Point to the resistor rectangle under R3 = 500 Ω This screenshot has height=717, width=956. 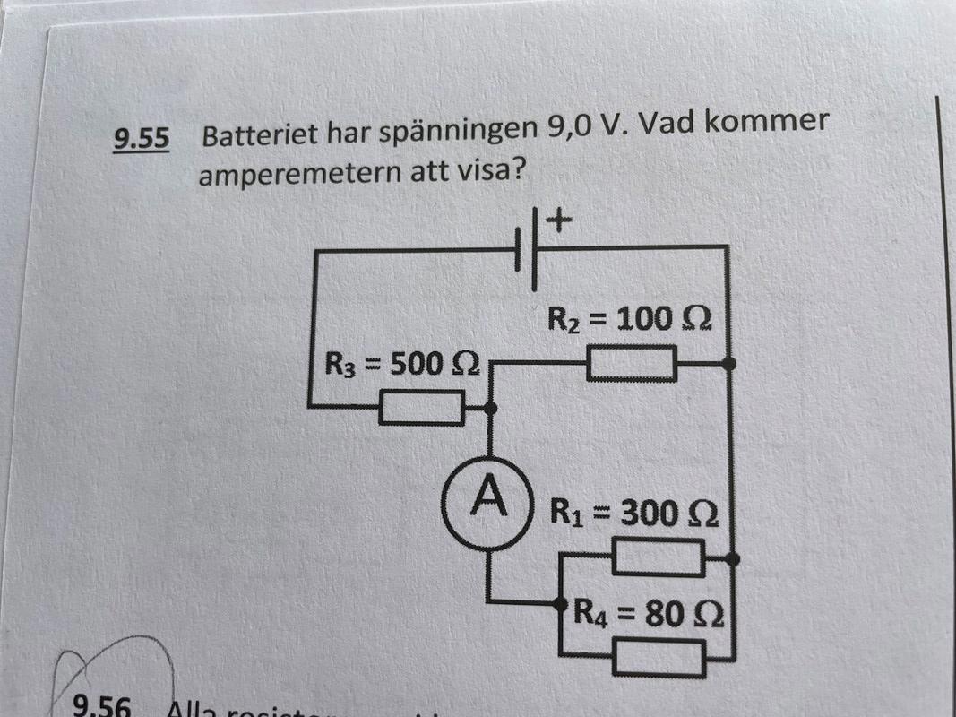tap(420, 410)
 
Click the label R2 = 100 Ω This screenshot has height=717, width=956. tap(628, 319)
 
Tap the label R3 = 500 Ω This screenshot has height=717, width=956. tap(401, 365)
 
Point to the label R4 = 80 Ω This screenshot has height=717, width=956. tap(647, 615)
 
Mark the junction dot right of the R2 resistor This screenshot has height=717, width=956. tap(729, 364)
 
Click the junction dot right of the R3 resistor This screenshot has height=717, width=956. tap(490, 409)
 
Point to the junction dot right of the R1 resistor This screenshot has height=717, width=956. tap(732, 559)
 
